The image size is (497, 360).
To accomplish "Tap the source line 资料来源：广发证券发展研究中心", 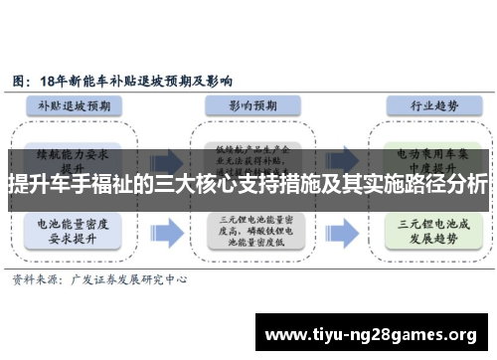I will [98, 281].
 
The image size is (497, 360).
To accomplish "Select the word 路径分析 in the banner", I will [448, 185].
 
